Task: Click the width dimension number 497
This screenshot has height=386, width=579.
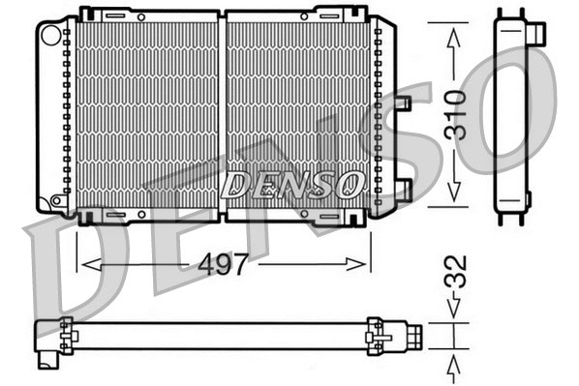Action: (224, 260)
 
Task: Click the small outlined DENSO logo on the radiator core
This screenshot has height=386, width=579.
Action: (290, 183)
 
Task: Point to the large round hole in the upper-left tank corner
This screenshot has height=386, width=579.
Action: (51, 33)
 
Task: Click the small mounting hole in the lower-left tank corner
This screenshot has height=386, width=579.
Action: (57, 201)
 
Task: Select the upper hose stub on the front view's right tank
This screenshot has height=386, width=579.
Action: (403, 103)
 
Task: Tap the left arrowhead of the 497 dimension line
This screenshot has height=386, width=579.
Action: (85, 261)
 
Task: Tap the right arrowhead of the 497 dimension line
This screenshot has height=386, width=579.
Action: (363, 261)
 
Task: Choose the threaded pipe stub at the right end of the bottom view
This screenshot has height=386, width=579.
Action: (413, 336)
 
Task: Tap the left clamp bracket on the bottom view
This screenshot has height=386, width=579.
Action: (69, 336)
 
